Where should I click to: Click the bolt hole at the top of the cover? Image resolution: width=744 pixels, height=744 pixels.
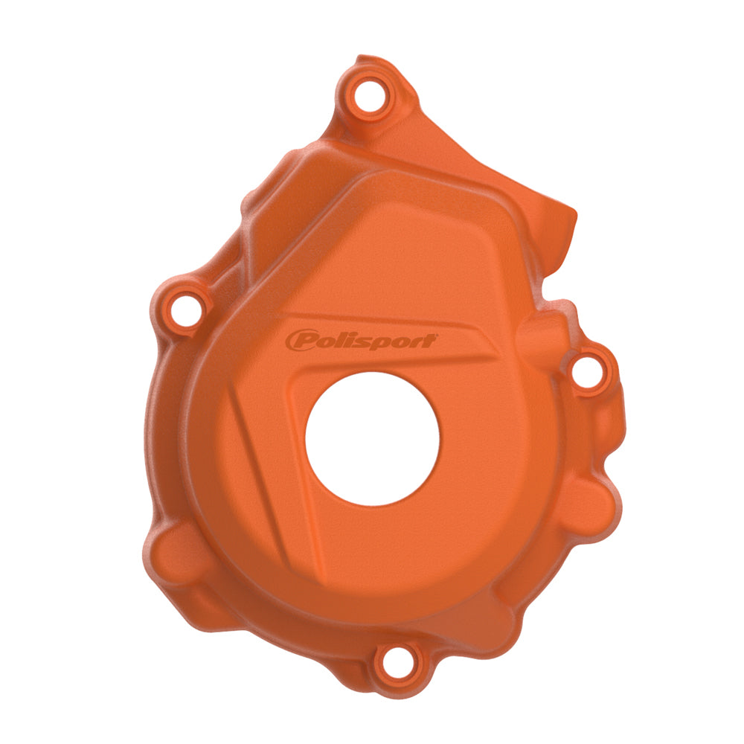coord(368,96)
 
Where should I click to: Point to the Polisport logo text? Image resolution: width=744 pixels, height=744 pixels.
coord(361,341)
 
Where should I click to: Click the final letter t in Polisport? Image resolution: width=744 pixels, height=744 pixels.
coord(430,341)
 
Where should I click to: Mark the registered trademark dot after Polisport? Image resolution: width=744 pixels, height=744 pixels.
coord(437,336)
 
